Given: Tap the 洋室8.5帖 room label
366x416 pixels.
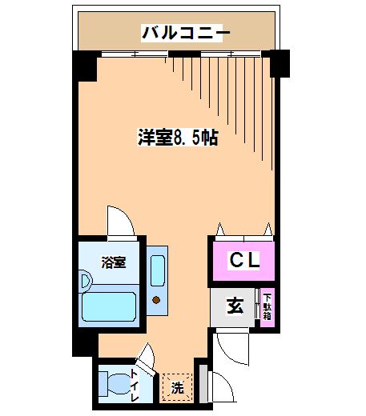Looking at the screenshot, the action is click(x=178, y=138).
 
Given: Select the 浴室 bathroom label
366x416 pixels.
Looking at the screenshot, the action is click(x=113, y=262).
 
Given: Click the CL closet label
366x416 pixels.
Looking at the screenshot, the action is click(x=244, y=260).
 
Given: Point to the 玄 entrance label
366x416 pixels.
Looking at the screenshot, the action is click(x=235, y=306).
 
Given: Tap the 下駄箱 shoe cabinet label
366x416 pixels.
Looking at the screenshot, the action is click(x=267, y=307).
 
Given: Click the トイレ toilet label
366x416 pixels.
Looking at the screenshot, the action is click(x=135, y=386).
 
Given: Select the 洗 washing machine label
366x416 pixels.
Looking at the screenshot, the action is click(x=177, y=387).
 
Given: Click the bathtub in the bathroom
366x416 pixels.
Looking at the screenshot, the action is click(x=109, y=306).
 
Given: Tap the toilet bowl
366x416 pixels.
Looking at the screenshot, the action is click(x=119, y=384).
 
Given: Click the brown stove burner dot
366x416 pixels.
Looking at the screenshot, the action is click(x=156, y=300).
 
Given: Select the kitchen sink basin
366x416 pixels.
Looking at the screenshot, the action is click(x=157, y=270).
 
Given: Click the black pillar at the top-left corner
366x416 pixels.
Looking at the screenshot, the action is click(x=85, y=66).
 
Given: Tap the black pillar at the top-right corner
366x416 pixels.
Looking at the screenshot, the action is click(x=280, y=63).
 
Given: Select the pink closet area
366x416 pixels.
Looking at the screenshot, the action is click(x=243, y=261).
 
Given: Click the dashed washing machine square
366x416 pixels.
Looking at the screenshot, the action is click(x=177, y=387).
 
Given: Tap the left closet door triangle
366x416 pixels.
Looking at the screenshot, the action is click(x=220, y=230).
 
